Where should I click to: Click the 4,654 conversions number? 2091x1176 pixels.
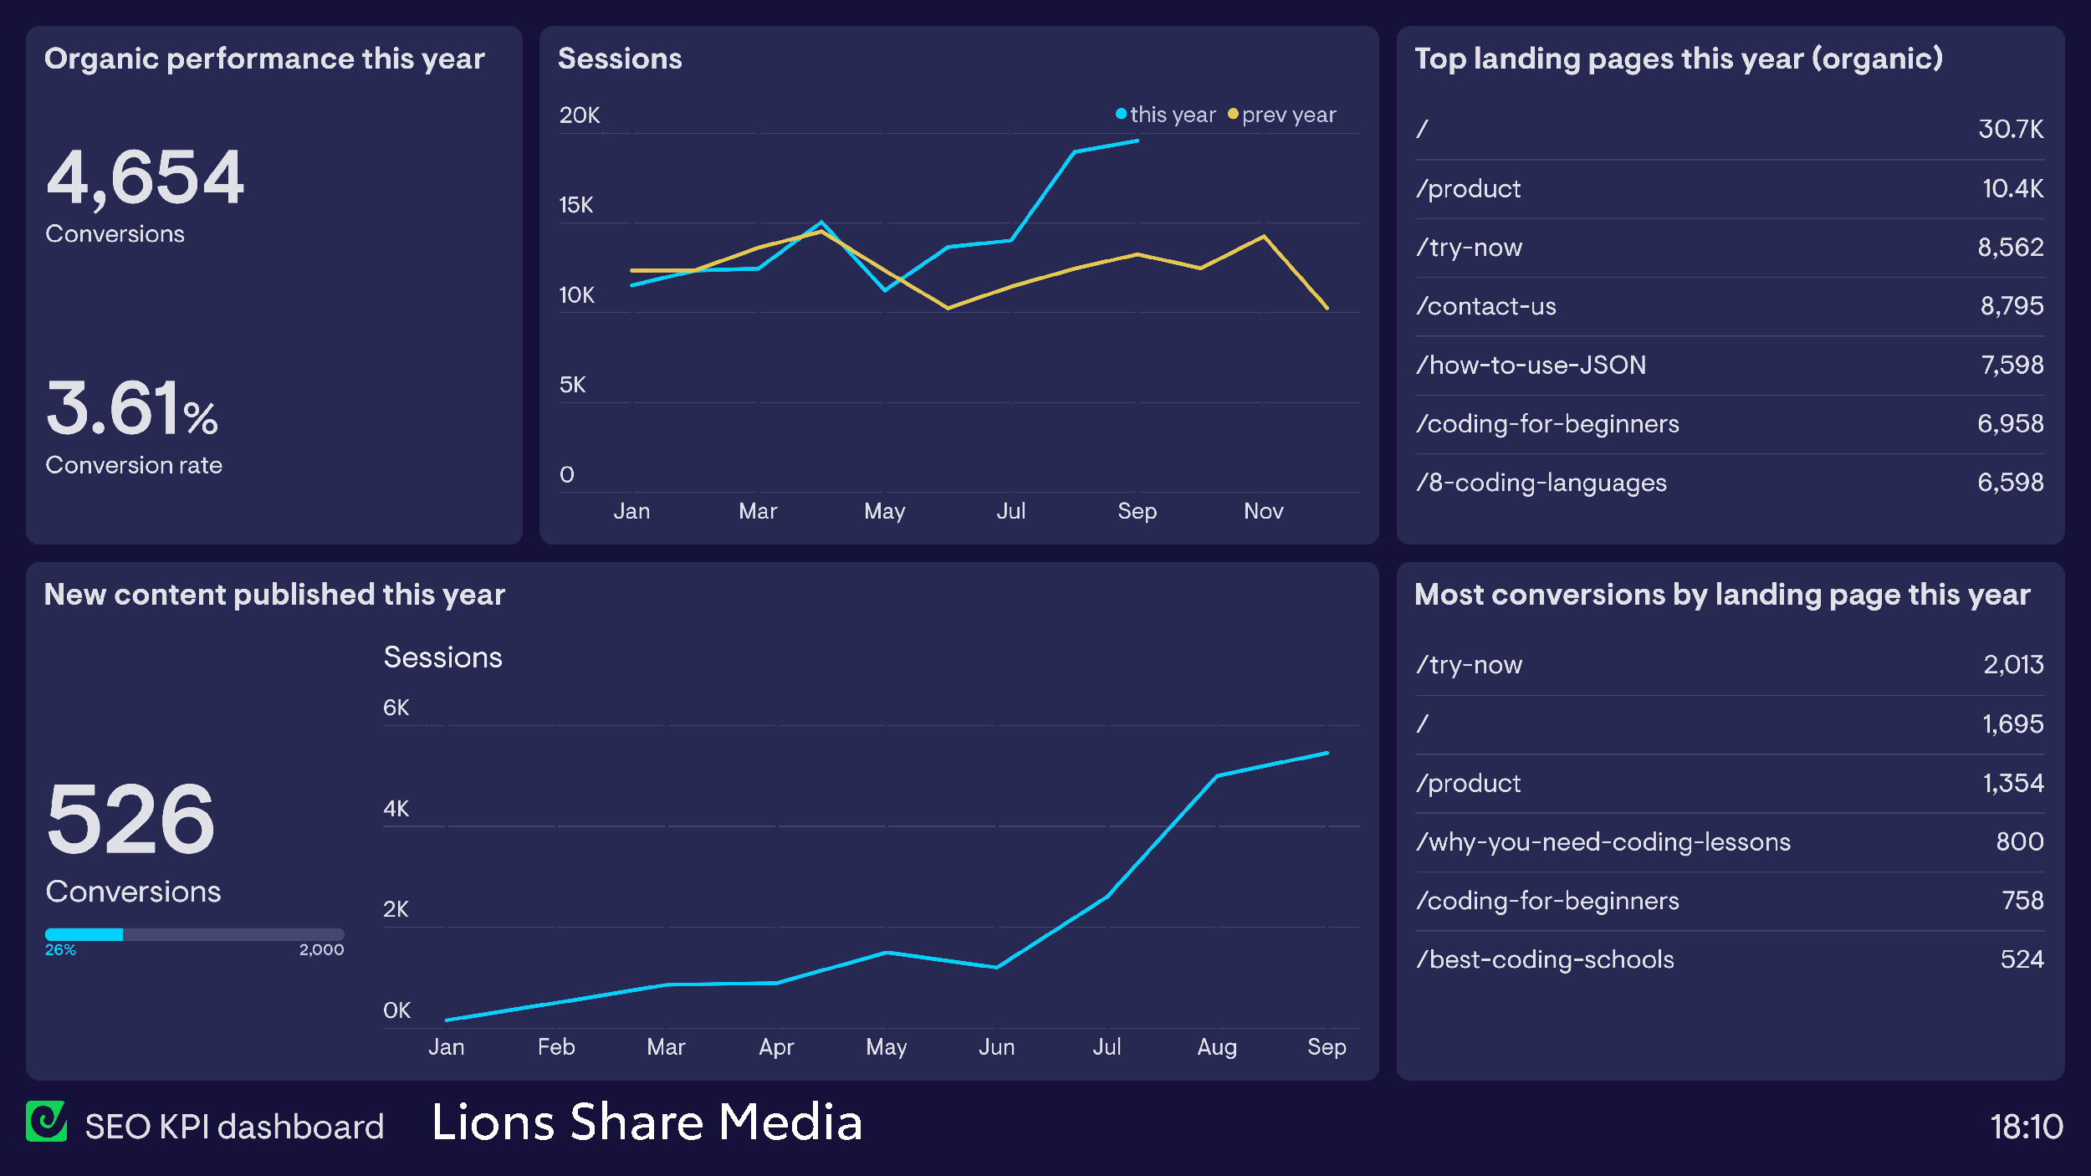(x=145, y=177)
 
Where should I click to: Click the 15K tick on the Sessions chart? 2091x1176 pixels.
(x=575, y=205)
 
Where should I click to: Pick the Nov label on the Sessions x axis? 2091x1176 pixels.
(x=1263, y=511)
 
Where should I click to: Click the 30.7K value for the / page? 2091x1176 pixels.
(x=2010, y=129)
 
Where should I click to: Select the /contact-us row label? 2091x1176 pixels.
(x=1486, y=306)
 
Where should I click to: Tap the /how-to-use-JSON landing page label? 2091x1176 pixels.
(x=1531, y=365)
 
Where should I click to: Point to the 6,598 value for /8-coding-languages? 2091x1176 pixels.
(x=2010, y=483)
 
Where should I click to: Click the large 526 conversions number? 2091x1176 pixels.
(x=130, y=819)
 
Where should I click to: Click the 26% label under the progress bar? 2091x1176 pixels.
(x=60, y=949)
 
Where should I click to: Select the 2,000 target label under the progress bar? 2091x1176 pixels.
(x=321, y=949)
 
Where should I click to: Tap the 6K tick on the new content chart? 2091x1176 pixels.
(x=396, y=708)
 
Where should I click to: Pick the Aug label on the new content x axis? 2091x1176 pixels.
(x=1216, y=1047)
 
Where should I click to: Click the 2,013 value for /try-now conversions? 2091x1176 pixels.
(x=2013, y=665)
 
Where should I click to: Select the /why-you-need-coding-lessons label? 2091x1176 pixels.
(x=1603, y=841)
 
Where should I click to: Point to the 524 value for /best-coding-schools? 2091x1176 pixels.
(x=2022, y=959)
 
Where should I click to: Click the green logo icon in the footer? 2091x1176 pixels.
(x=46, y=1122)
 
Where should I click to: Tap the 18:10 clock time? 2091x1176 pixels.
(x=2026, y=1127)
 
